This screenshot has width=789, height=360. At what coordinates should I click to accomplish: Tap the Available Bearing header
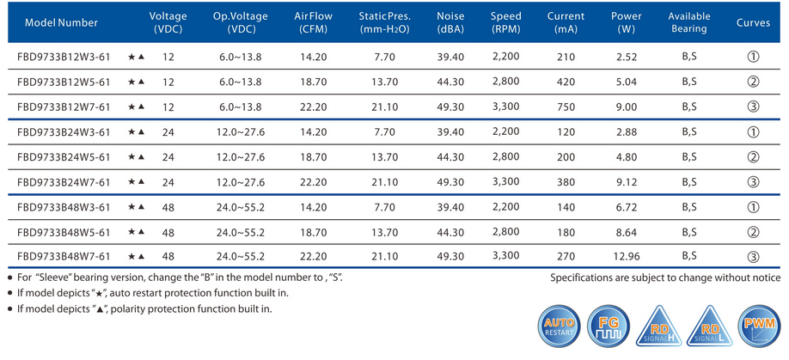(x=688, y=22)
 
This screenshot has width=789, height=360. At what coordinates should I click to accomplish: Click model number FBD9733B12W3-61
(x=64, y=58)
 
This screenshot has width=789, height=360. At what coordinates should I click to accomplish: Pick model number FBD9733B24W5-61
(x=64, y=157)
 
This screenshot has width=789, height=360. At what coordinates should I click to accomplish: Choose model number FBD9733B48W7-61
(x=64, y=256)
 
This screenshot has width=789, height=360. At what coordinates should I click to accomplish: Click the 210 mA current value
(x=565, y=58)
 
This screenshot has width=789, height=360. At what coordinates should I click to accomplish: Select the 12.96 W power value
(x=627, y=256)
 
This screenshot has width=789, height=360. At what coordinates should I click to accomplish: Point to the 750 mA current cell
(x=565, y=107)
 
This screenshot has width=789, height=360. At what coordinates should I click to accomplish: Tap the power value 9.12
(x=627, y=182)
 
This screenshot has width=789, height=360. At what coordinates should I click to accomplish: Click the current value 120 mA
(x=565, y=132)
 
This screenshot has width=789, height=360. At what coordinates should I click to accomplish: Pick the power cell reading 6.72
(x=627, y=207)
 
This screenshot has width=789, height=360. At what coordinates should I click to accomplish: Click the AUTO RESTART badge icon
(x=559, y=327)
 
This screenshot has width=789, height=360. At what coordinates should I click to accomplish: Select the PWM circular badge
(x=760, y=327)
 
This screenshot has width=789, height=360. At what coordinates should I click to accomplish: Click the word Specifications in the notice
(x=585, y=278)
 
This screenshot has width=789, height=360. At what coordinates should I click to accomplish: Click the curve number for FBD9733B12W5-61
(x=753, y=82)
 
